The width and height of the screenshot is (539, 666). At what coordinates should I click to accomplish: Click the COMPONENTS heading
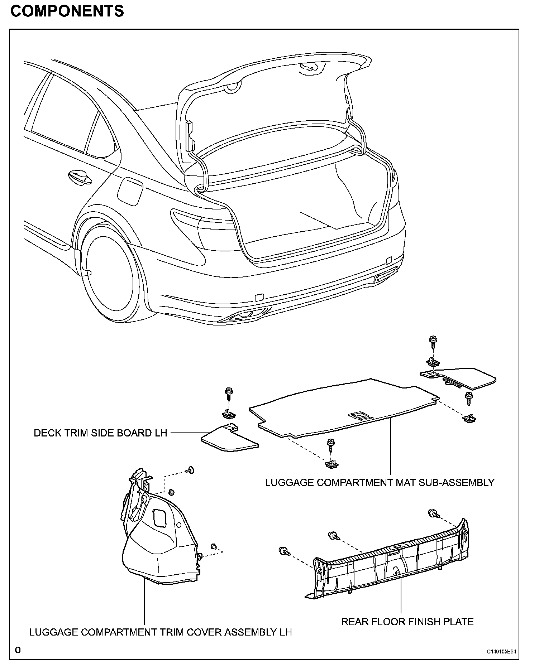click(67, 11)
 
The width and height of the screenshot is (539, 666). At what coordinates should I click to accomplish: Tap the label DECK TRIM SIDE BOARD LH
click(100, 433)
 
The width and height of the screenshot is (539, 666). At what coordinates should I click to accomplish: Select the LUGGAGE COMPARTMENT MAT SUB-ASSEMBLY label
click(380, 482)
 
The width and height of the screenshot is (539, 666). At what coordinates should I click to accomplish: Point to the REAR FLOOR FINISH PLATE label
click(407, 622)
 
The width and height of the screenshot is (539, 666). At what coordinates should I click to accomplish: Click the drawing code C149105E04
click(501, 652)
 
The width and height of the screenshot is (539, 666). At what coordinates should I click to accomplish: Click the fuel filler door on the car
click(130, 192)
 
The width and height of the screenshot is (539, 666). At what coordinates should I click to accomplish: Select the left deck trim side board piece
click(229, 439)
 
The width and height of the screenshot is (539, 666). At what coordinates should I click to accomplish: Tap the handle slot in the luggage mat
click(361, 416)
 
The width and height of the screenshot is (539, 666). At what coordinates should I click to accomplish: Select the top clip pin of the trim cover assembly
click(190, 470)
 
